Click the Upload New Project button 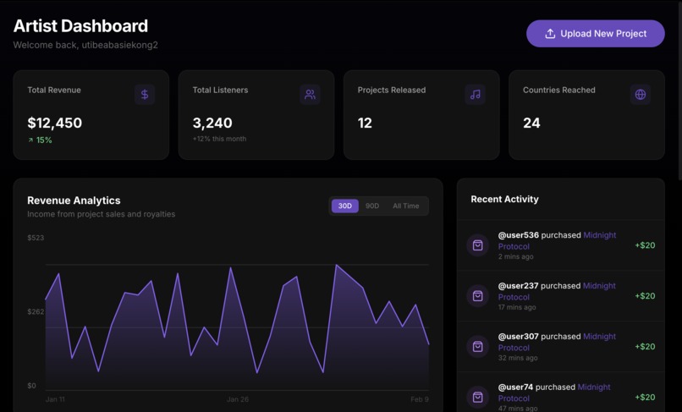click(596, 34)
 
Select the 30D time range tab click(345, 206)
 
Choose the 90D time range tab click(372, 206)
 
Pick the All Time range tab click(406, 206)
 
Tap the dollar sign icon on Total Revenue click(145, 95)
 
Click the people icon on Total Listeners click(311, 95)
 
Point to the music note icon click(476, 95)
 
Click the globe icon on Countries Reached click(641, 95)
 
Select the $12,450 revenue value click(55, 124)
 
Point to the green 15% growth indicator click(40, 140)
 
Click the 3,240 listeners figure click(212, 124)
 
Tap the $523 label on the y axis click(36, 238)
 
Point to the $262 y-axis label click(36, 311)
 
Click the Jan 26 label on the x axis click(238, 399)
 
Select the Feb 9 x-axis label click(420, 399)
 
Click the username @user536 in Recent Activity click(519, 235)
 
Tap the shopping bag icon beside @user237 click(477, 296)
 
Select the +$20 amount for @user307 click(645, 346)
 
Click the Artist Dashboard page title click(81, 26)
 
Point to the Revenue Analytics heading click(74, 201)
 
